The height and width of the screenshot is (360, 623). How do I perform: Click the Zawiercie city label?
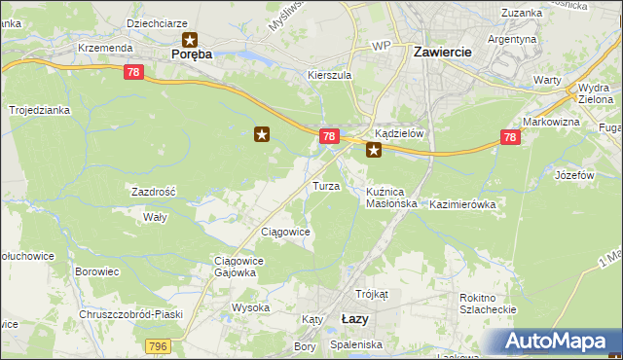click(x=443, y=52)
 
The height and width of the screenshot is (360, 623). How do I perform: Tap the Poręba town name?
click(x=191, y=54)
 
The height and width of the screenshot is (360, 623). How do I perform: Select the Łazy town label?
click(x=355, y=318)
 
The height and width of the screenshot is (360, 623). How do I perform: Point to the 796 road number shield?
click(x=158, y=346)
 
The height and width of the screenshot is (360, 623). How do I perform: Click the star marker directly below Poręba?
click(x=191, y=41)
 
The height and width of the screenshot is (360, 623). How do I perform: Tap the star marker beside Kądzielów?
click(x=374, y=151)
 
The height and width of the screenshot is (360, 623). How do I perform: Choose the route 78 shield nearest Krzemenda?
click(x=133, y=72)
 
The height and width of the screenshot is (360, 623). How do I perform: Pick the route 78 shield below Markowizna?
click(x=510, y=138)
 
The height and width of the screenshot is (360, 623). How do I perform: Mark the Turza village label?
click(x=324, y=186)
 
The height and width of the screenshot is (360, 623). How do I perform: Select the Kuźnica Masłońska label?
click(x=391, y=198)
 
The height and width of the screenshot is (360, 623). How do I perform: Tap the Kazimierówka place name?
click(x=462, y=205)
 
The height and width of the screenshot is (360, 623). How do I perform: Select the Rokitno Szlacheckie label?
click(x=488, y=305)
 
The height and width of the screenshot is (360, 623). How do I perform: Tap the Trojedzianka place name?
click(x=40, y=111)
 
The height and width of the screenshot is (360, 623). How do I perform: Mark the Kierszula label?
click(x=328, y=74)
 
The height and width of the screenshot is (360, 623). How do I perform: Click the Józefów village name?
click(x=573, y=176)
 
